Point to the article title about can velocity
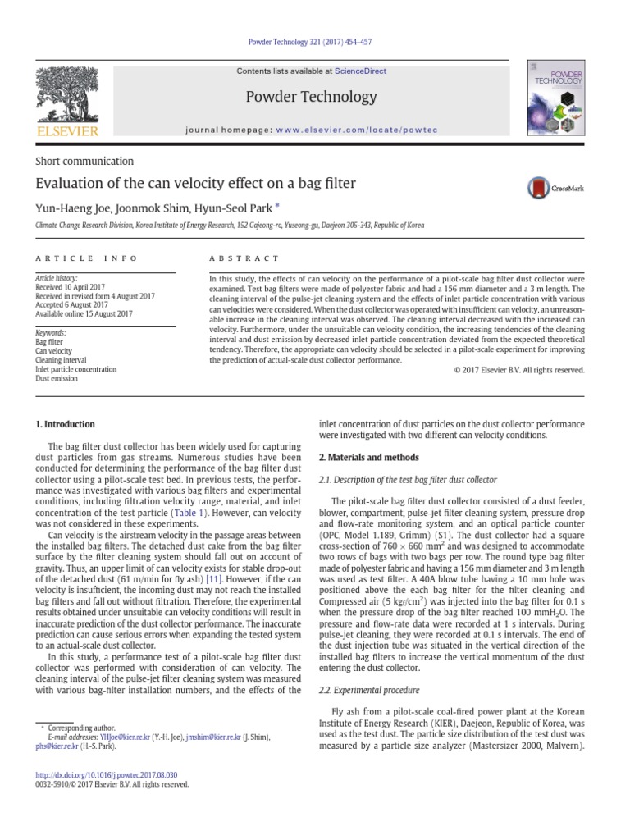click(x=195, y=183)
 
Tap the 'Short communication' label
click(x=84, y=161)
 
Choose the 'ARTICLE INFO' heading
click(x=87, y=258)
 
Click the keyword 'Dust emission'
click(x=57, y=379)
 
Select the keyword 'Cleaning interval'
click(x=62, y=360)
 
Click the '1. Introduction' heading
click(x=65, y=424)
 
